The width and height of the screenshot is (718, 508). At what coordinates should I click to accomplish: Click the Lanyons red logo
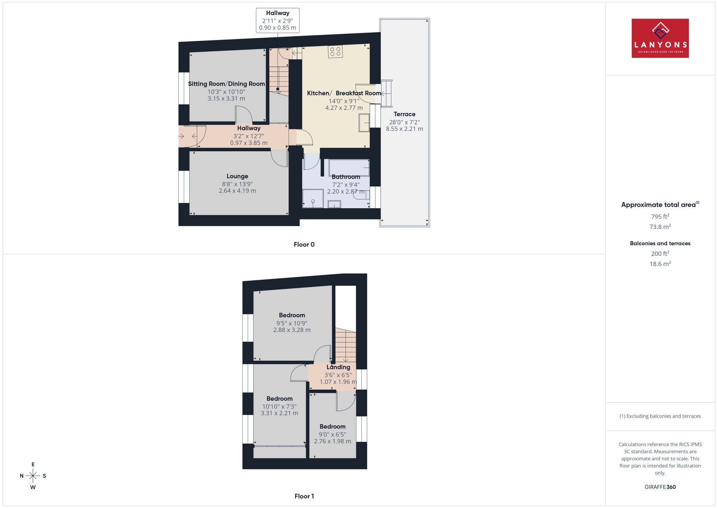tap(660, 38)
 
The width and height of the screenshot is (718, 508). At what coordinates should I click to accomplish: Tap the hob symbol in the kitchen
tap(335, 51)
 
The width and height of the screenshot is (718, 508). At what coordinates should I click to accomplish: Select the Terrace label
tap(404, 114)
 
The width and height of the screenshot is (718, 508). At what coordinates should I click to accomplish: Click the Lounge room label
tap(237, 176)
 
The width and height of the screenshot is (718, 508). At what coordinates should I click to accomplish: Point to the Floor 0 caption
tap(304, 244)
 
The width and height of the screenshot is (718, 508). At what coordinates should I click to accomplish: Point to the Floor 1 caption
tap(304, 496)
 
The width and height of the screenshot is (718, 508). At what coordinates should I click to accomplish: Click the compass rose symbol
tap(33, 476)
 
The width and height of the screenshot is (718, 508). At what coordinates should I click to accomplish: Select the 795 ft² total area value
tap(660, 216)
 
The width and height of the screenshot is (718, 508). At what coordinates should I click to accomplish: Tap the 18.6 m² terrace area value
tap(660, 264)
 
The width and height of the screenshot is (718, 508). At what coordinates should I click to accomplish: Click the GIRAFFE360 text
tap(660, 487)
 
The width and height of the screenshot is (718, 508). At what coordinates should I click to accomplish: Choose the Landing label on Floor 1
tap(338, 367)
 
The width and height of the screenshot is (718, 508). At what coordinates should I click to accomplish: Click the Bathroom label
tap(346, 177)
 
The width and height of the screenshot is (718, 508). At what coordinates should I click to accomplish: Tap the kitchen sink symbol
tap(364, 123)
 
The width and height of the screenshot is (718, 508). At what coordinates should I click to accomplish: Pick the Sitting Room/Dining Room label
tap(227, 84)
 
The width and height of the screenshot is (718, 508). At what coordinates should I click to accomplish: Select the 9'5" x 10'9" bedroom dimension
tap(292, 323)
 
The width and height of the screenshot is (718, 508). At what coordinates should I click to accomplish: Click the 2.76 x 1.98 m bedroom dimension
tap(332, 441)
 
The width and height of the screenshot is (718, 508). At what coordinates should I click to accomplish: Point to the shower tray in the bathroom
tap(313, 199)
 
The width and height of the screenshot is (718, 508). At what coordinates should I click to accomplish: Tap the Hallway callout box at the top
tap(278, 20)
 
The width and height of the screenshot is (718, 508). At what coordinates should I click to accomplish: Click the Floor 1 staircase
tap(346, 345)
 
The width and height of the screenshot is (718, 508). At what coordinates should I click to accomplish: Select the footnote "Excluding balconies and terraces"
tap(660, 416)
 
